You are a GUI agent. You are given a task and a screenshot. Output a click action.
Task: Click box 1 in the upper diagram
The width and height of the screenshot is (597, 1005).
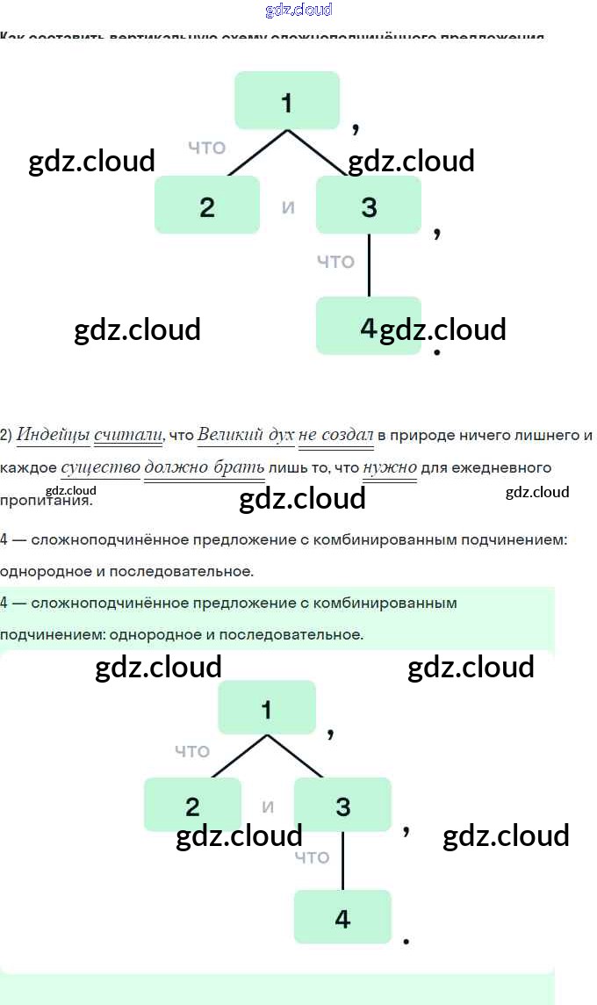pyautogui.click(x=287, y=100)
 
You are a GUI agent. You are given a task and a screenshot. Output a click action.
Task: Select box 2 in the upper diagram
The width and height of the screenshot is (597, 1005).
pyautogui.click(x=207, y=205)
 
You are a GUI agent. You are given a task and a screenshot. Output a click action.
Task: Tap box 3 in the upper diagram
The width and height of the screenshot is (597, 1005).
pyautogui.click(x=369, y=205)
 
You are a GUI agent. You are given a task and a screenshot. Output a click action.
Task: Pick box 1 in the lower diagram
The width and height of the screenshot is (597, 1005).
pyautogui.click(x=267, y=707)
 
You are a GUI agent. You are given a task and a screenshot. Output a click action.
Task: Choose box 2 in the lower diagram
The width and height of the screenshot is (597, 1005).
pyautogui.click(x=192, y=804)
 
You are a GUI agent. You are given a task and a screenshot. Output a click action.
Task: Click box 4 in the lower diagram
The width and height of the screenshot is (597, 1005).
pyautogui.click(x=342, y=916)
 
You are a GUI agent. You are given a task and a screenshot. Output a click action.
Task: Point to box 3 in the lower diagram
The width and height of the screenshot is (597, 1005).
pyautogui.click(x=342, y=804)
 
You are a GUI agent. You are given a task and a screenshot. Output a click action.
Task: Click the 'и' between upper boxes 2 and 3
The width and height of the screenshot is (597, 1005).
pyautogui.click(x=288, y=208)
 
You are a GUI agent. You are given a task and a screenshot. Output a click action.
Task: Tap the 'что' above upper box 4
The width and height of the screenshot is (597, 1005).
pyautogui.click(x=335, y=261)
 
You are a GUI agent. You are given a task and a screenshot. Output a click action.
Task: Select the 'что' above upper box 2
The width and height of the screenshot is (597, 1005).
pyautogui.click(x=207, y=148)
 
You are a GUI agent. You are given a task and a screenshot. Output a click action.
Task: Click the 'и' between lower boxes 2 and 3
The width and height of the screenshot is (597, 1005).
pyautogui.click(x=268, y=806)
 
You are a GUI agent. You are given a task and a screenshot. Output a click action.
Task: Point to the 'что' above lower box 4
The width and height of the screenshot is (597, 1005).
pyautogui.click(x=312, y=857)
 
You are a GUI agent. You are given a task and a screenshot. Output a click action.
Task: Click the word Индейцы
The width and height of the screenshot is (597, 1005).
pyautogui.click(x=52, y=434)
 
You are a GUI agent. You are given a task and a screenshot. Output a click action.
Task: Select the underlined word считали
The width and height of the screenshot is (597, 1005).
pyautogui.click(x=128, y=434)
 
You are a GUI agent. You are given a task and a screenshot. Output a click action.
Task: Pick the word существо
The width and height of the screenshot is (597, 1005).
pyautogui.click(x=101, y=466)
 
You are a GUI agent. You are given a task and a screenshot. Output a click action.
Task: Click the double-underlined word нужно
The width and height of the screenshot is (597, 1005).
pyautogui.click(x=390, y=466)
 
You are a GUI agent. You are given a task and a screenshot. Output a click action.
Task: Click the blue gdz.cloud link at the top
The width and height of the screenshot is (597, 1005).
pyautogui.click(x=298, y=10)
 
